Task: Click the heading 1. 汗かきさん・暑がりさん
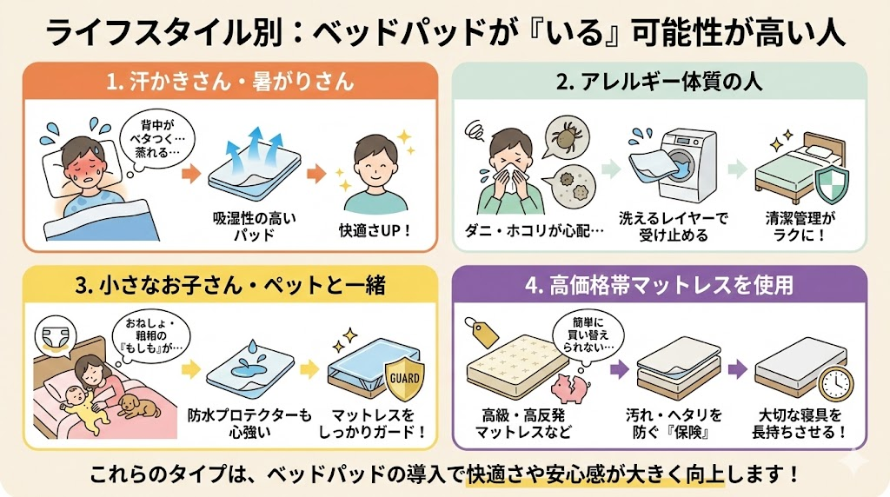229,82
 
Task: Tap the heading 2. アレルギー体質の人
659,82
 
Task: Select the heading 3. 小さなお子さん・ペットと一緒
229,285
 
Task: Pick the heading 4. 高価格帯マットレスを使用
659,285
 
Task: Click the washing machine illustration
681,165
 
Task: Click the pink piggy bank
571,387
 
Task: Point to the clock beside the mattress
835,384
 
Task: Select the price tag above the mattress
481,331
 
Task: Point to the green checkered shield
831,185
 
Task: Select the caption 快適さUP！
375,231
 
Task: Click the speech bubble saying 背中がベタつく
159,139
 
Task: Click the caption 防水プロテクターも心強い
250,423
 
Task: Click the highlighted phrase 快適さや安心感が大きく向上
595,474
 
